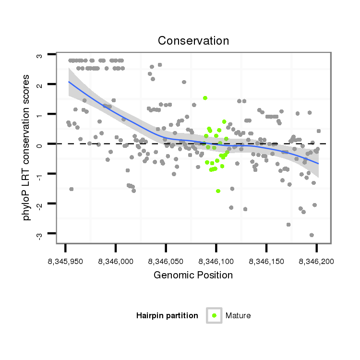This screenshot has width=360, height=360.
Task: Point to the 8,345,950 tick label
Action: click(65, 262)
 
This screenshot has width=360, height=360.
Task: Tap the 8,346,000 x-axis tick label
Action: click(116, 262)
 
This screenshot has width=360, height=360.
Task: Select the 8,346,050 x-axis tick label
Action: click(166, 262)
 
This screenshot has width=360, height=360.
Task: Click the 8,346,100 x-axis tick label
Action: click(216, 262)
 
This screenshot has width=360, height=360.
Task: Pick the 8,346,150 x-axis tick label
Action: click(266, 262)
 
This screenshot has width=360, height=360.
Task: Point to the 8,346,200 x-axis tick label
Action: click(316, 262)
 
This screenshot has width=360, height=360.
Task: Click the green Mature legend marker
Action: click(214, 315)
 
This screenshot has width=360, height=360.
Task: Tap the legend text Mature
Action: click(238, 315)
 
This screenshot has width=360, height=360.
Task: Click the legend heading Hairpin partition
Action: click(167, 315)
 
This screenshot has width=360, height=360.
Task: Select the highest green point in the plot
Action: click(205, 98)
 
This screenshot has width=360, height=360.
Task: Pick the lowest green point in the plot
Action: click(218, 191)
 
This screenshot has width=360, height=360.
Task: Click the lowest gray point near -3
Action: click(312, 235)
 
